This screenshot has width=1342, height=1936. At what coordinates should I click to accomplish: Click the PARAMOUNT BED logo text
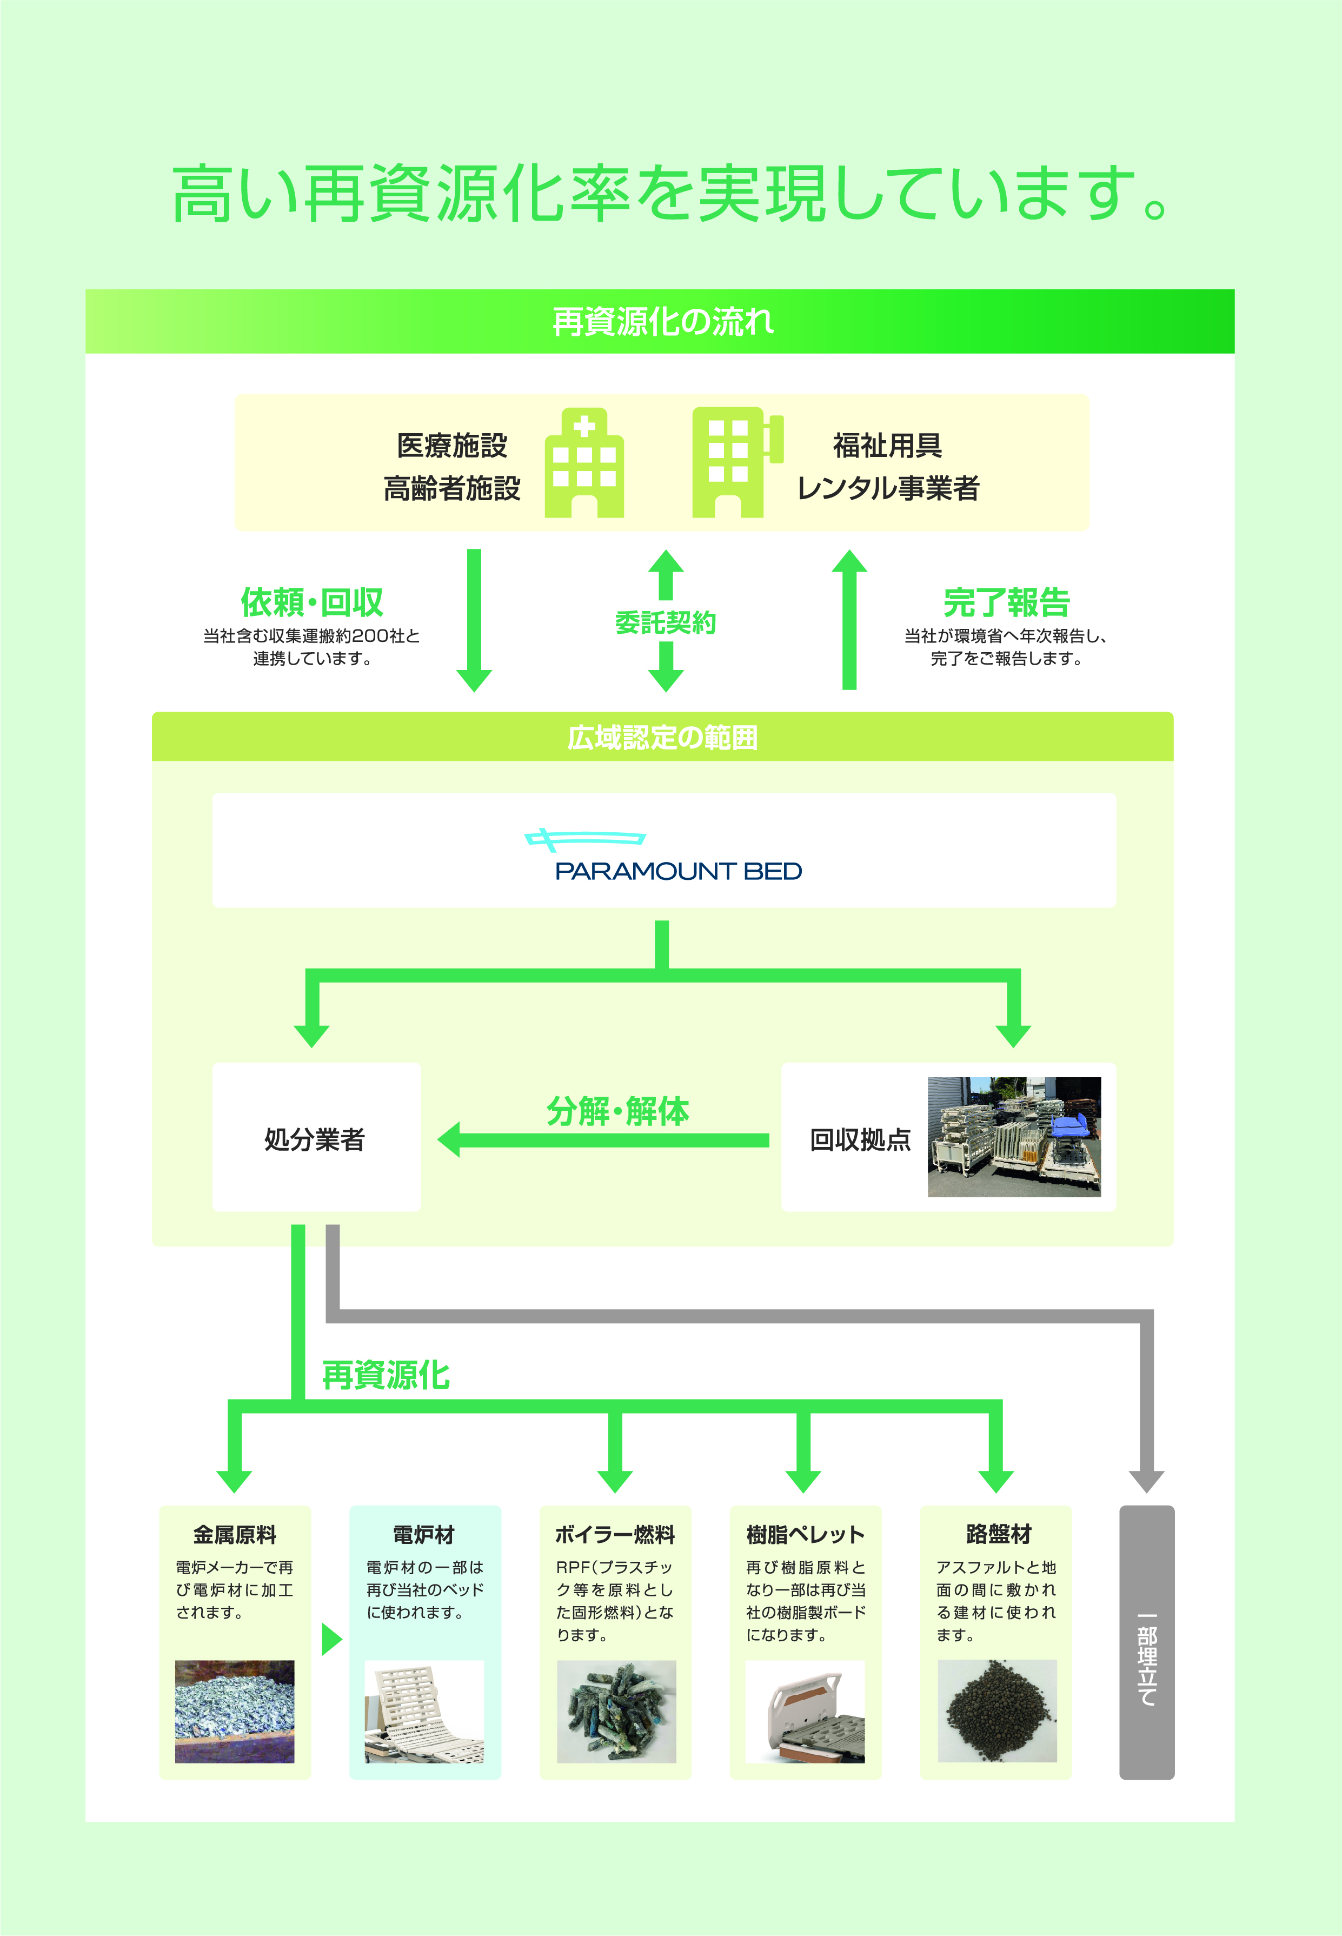677,871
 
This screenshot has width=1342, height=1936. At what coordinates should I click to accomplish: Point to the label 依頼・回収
312,602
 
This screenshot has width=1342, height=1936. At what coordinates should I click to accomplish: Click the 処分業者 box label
315,1139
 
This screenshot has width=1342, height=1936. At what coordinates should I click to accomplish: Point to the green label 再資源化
386,1375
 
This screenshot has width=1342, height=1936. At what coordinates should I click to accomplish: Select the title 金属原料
235,1535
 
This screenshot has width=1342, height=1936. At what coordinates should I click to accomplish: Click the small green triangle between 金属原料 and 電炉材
332,1638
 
